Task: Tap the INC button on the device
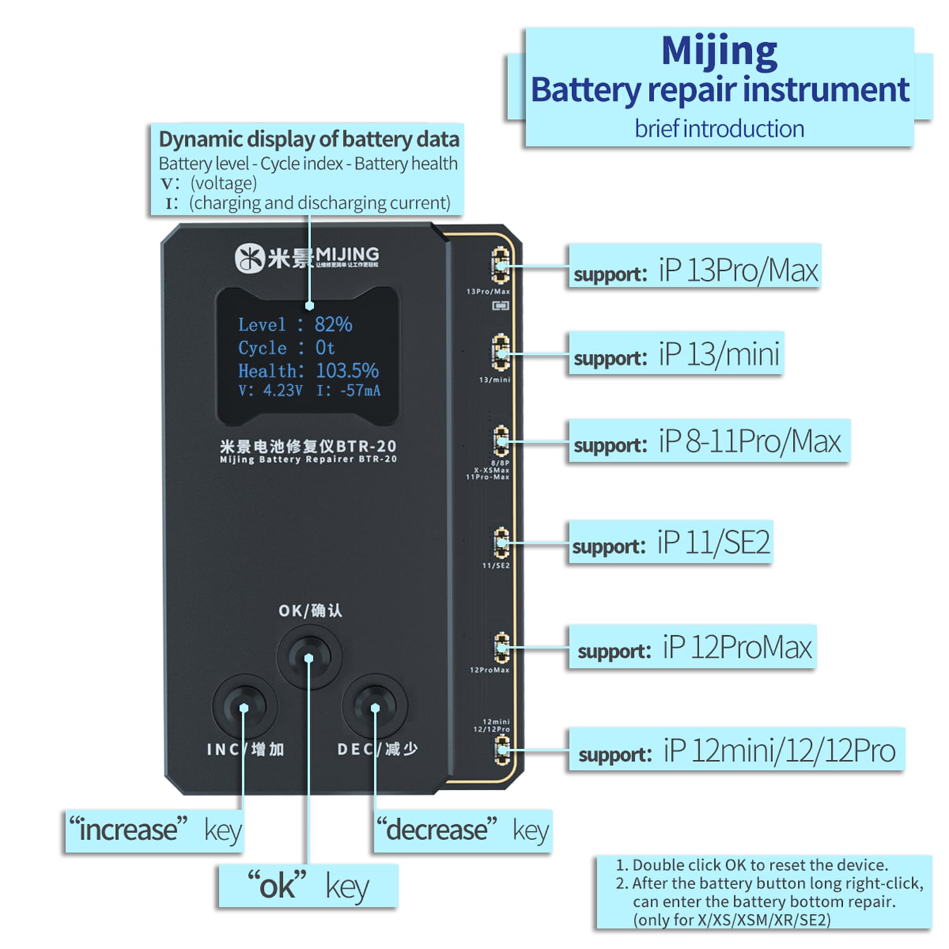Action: click(x=244, y=706)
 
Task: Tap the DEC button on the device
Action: click(x=375, y=706)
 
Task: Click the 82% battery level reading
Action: click(x=333, y=325)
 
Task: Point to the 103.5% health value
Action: click(x=347, y=370)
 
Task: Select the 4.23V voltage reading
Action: click(x=283, y=391)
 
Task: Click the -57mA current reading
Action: click(x=361, y=391)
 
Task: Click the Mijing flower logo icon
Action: click(x=249, y=258)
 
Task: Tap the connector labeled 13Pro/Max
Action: click(x=501, y=266)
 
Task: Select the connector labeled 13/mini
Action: click(x=501, y=352)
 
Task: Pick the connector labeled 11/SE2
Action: click(x=501, y=542)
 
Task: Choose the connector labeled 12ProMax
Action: click(x=501, y=647)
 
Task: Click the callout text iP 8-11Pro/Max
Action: click(x=750, y=442)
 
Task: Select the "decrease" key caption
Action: click(x=462, y=830)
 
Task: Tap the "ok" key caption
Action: click(x=307, y=886)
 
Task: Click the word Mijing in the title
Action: click(x=719, y=51)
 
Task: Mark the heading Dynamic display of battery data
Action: click(x=309, y=139)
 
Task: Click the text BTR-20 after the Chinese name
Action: click(x=366, y=446)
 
